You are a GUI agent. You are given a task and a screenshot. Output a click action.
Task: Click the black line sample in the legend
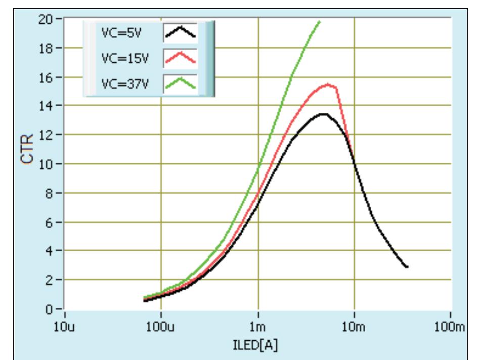coord(180,34)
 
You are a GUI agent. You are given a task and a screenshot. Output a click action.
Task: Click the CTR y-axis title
coord(31,150)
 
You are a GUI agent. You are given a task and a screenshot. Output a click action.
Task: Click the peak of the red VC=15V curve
coord(328,84)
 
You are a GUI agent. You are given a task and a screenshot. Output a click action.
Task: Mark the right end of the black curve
coord(407,267)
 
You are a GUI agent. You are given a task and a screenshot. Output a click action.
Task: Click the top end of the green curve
coord(319,21)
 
